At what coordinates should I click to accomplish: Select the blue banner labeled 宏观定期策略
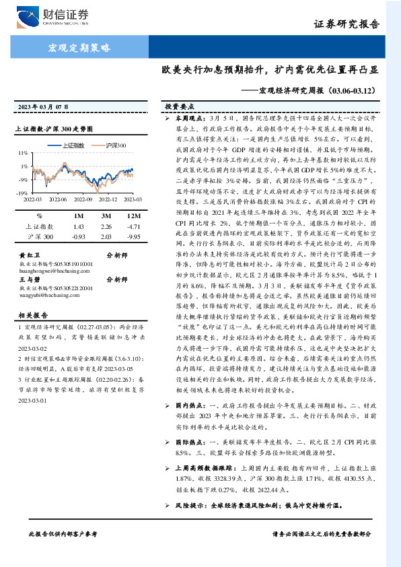click(x=80, y=47)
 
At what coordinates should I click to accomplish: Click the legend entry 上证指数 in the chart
click(x=67, y=145)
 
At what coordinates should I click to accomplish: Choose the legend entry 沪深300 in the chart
click(x=112, y=145)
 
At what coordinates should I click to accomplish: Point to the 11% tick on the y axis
click(x=24, y=153)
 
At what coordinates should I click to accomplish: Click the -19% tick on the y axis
click(x=24, y=193)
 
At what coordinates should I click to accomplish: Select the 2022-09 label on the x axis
click(x=81, y=199)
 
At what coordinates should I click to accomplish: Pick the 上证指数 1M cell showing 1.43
click(x=77, y=227)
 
